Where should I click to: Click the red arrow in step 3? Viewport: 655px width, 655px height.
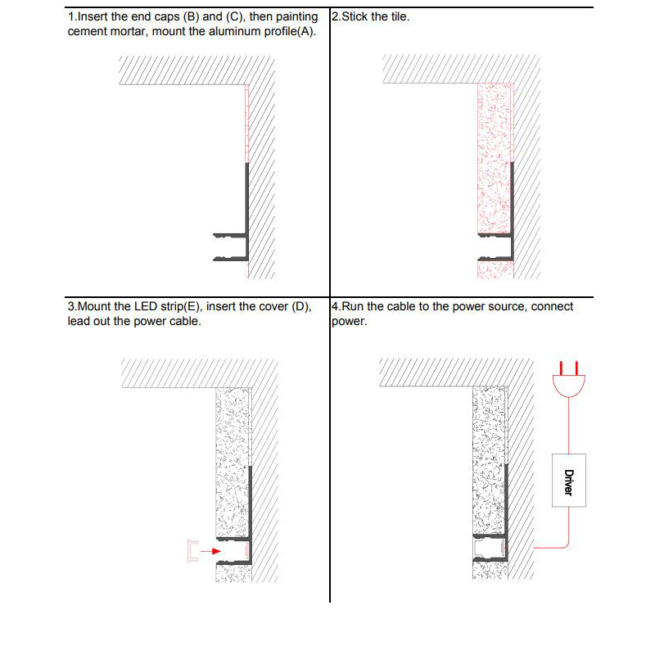[210, 552]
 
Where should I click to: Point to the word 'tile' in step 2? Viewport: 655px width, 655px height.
[398, 16]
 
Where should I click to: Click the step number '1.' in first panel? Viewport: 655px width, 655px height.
[72, 16]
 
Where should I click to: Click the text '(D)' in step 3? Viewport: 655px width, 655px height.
[301, 307]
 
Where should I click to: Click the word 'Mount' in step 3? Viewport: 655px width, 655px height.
[93, 307]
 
